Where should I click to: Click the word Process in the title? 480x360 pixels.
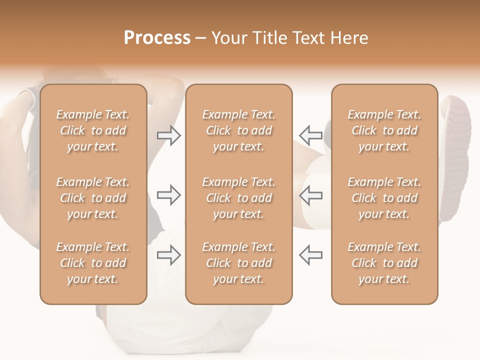point(157,38)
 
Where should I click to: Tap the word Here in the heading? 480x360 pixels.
point(349,38)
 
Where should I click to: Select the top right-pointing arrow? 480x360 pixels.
point(169,135)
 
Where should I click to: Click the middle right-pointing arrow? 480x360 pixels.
point(169,195)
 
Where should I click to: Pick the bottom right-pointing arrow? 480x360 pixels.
point(169,254)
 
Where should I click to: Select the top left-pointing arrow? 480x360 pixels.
point(311,135)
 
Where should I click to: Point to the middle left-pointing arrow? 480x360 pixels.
point(311,195)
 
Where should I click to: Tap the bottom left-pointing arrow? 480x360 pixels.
point(311,254)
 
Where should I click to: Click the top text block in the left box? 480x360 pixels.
point(93,130)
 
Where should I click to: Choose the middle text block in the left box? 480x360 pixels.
point(93,198)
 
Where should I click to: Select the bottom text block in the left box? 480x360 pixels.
point(93,263)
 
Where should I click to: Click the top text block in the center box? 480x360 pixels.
point(238,130)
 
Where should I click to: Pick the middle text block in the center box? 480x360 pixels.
point(238,198)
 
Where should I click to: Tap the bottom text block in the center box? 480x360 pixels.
point(238,263)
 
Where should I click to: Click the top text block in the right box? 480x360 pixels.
point(384,130)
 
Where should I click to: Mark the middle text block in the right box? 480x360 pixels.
point(384,198)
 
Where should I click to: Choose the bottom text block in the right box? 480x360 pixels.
point(384,263)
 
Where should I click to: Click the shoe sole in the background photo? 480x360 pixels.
point(456,150)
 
